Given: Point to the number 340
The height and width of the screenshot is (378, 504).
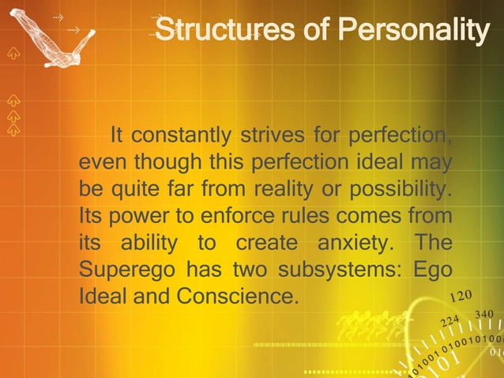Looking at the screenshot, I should [x=484, y=316].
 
